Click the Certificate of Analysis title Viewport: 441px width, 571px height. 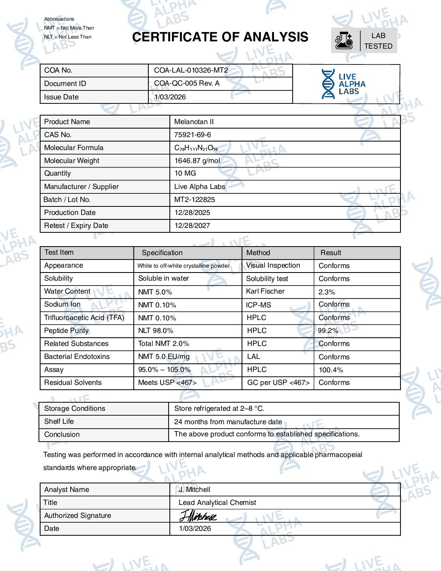pos(220,37)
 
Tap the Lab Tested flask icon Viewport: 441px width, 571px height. pos(344,41)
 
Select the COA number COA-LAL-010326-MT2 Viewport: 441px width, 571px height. pos(191,70)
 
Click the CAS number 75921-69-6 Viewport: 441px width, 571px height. pos(193,135)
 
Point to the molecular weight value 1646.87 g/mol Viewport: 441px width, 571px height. pos(197,161)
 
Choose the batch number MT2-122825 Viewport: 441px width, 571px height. pos(195,200)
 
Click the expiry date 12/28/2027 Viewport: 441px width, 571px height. pos(192,225)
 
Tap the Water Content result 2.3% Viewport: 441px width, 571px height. pos(327,292)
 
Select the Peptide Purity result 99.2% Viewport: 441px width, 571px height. pos(328,331)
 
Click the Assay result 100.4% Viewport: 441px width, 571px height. pos(331,370)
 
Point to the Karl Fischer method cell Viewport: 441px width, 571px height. pos(265,291)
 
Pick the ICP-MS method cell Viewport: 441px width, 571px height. pos(258,305)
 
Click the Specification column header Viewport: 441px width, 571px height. pos(162,253)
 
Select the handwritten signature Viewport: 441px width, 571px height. pos(198,516)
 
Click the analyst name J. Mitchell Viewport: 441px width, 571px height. pos(195,489)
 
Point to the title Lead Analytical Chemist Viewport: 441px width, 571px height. pos(217,502)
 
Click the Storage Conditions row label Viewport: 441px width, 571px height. pos(75,408)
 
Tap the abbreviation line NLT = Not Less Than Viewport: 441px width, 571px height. pos(68,37)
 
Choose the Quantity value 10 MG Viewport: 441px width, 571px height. pos(185,173)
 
